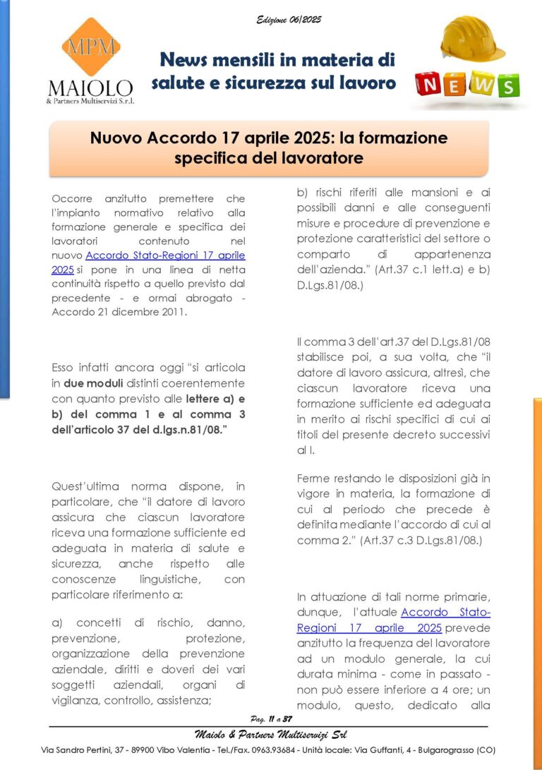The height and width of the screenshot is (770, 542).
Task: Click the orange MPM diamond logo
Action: pyautogui.click(x=90, y=47)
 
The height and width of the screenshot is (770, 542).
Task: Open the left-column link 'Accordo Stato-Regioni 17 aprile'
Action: pyautogui.click(x=166, y=255)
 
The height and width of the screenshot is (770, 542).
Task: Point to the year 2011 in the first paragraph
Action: pyautogui.click(x=171, y=311)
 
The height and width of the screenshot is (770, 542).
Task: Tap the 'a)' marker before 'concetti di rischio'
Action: pyautogui.click(x=58, y=623)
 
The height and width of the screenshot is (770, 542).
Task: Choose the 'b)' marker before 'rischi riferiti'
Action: pyautogui.click(x=303, y=191)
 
